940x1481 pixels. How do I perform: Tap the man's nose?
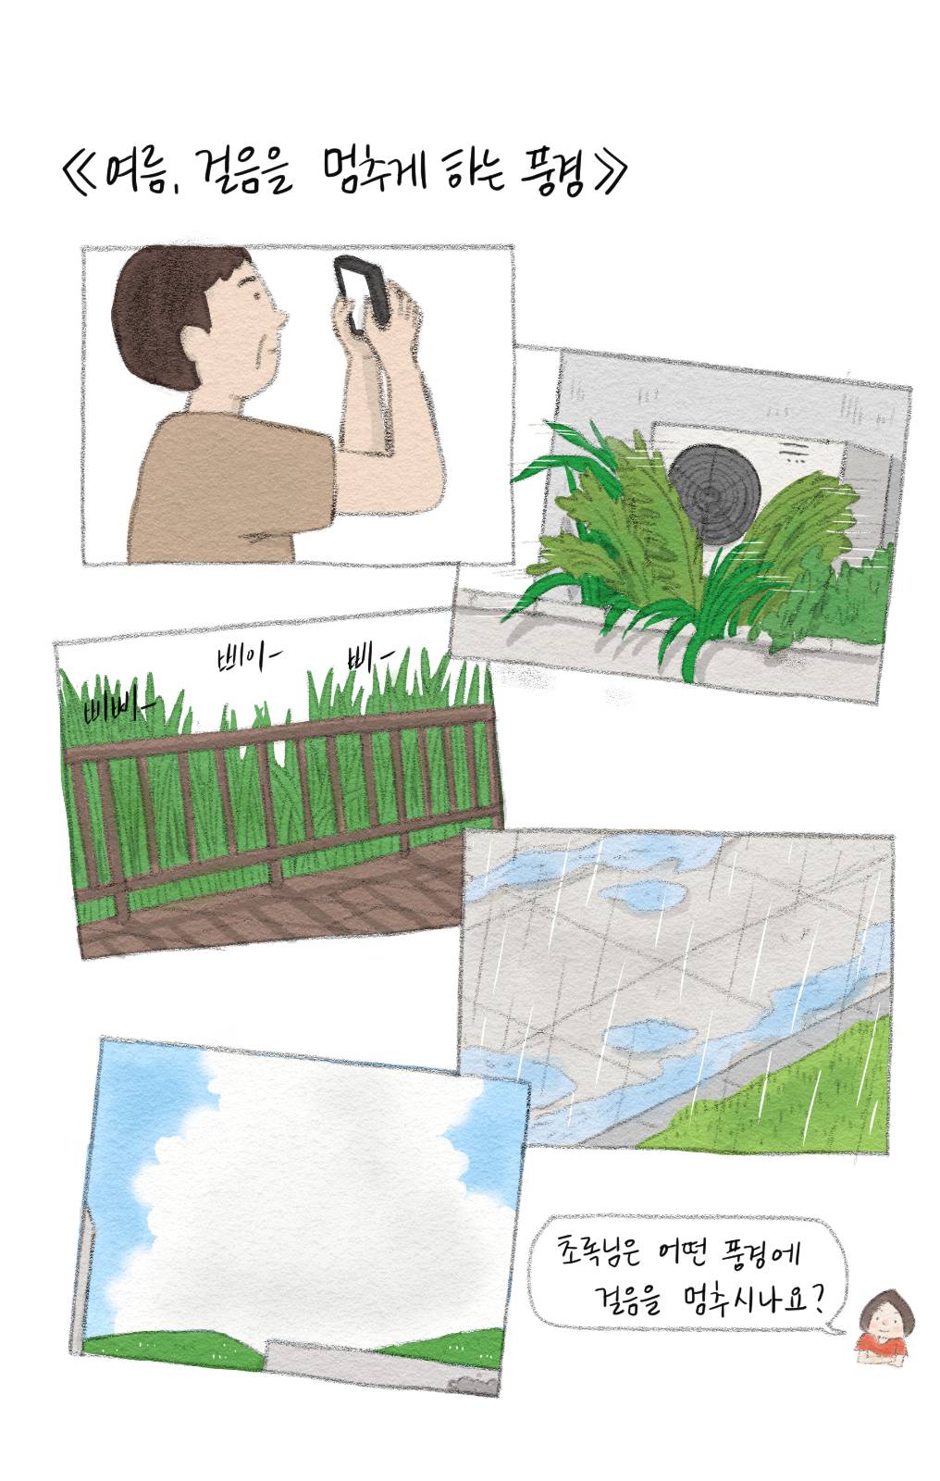point(280,320)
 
